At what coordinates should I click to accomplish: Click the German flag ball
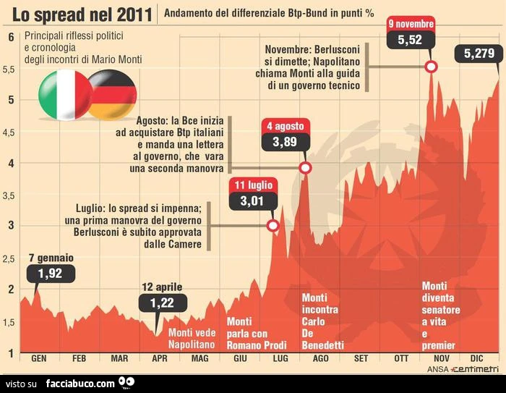(x=113, y=95)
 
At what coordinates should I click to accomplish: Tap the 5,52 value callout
(x=410, y=40)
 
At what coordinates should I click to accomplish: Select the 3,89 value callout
(x=286, y=142)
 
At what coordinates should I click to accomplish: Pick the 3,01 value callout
(x=253, y=201)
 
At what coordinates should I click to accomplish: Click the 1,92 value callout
(x=51, y=274)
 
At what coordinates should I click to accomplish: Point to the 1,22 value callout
(x=163, y=303)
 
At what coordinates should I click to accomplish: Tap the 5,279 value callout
(x=479, y=54)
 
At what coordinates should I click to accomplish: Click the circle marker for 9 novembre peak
(x=431, y=67)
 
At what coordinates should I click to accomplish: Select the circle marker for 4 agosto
(x=305, y=168)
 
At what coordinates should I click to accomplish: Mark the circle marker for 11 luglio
(x=273, y=225)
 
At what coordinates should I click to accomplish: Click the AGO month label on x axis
(x=320, y=358)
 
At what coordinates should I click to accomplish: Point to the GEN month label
(x=39, y=358)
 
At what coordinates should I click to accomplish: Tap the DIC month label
(x=476, y=358)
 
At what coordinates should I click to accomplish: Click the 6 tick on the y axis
(x=12, y=37)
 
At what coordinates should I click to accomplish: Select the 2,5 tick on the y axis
(x=9, y=259)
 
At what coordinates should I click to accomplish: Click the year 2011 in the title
(x=134, y=15)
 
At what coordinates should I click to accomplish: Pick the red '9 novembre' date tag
(x=411, y=24)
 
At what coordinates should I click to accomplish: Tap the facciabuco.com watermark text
(x=80, y=384)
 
